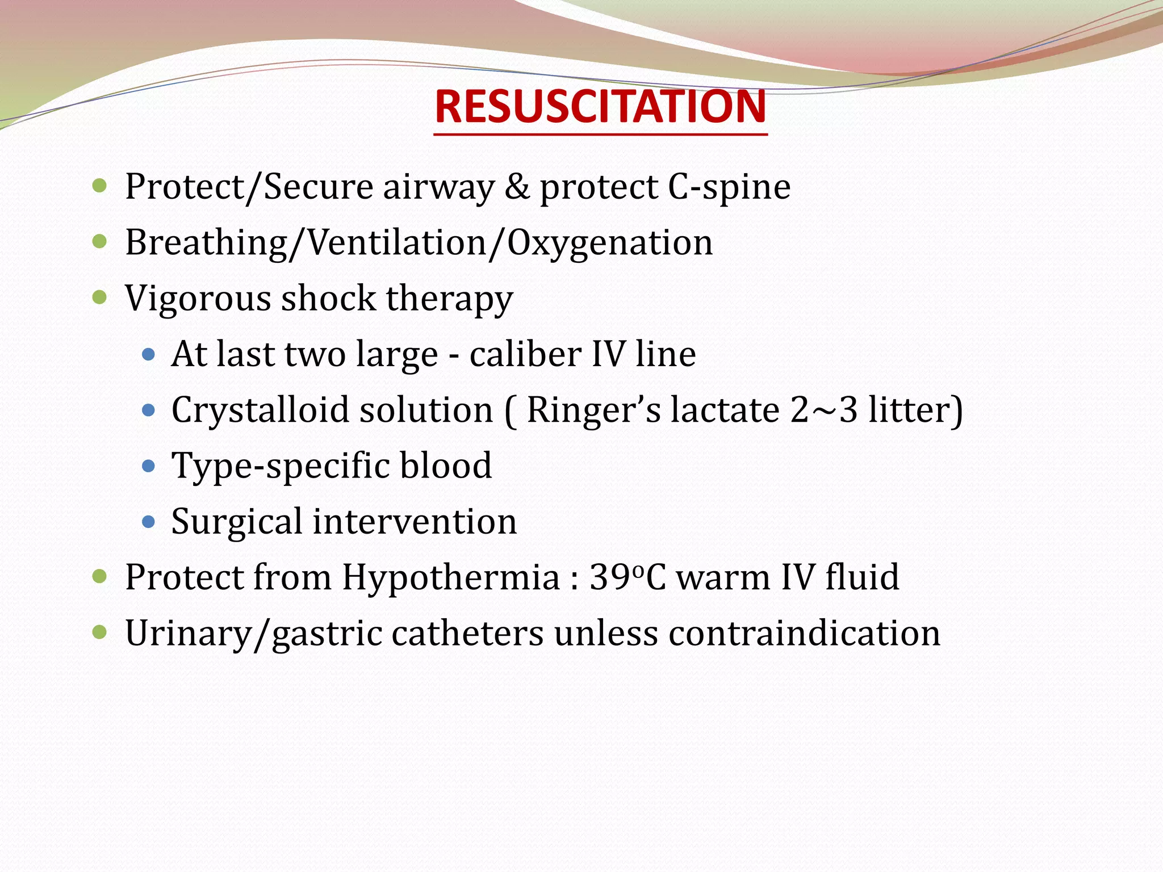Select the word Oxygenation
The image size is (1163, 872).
[609, 242]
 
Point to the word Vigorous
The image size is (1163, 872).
[198, 298]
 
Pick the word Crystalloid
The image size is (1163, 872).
[260, 410]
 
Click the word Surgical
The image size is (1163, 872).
[237, 521]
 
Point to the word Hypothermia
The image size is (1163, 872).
[451, 577]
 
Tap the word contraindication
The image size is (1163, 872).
[804, 633]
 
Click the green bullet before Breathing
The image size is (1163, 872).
[99, 242]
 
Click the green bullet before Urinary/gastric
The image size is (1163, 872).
[99, 632]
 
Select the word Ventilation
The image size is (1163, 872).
[397, 242]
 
